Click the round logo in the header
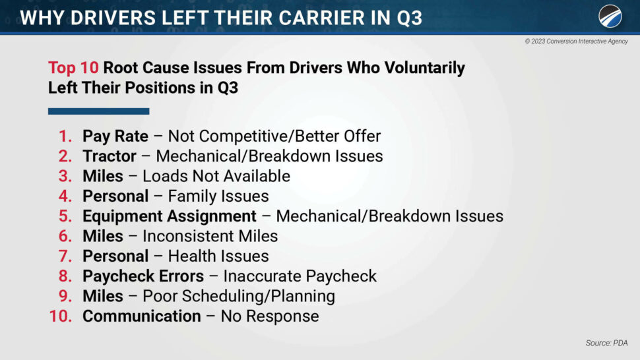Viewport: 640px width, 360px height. click(610, 16)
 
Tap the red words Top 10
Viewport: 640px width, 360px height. click(73, 68)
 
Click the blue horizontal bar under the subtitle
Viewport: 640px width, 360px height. click(99, 111)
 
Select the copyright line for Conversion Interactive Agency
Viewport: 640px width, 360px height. click(576, 41)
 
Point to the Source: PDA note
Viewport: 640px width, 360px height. click(606, 343)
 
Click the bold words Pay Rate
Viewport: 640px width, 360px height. click(115, 136)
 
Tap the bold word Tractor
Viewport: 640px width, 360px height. click(110, 156)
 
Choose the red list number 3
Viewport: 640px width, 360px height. click(65, 176)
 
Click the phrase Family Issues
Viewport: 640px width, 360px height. click(218, 196)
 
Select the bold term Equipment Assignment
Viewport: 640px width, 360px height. click(170, 216)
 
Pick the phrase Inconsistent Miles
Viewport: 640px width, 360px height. click(210, 236)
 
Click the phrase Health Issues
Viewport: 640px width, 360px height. click(218, 256)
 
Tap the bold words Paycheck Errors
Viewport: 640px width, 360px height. click(143, 276)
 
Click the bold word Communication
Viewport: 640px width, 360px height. click(142, 316)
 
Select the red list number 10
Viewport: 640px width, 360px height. click(61, 316)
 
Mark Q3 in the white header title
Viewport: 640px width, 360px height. click(409, 18)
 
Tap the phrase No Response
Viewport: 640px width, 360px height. click(270, 316)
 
